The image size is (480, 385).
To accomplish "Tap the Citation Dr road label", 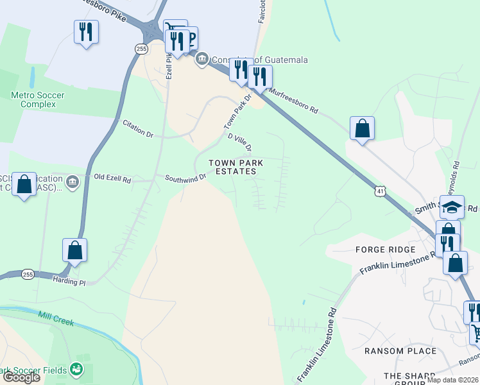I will coord(138,132).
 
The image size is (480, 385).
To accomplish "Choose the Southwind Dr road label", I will coord(185,177).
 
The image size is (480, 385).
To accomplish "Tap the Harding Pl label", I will coord(69,282).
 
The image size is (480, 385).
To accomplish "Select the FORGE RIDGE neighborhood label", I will coord(385,249).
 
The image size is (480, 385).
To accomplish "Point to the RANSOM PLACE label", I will coord(400,351).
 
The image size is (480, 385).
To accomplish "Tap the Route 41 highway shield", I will coord(381,191).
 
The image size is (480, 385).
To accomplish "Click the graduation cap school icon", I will coord(452,207).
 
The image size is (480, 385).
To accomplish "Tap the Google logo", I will coord(22,377).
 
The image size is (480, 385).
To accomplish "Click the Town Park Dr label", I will coord(236,110).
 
